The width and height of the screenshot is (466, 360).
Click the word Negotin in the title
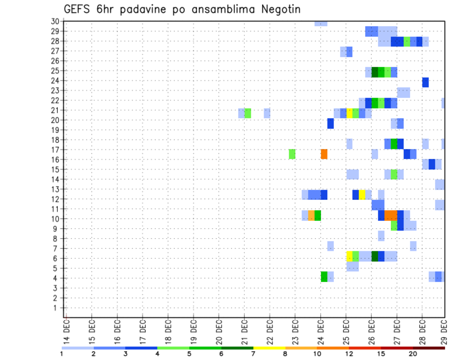[x=280, y=9]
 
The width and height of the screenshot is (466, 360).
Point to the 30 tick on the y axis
[x=55, y=21]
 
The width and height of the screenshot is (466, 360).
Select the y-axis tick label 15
[x=55, y=169]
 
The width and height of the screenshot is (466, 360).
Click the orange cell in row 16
[x=324, y=154]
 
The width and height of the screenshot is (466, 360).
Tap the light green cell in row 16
[x=292, y=154]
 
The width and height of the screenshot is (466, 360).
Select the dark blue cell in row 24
[x=425, y=82]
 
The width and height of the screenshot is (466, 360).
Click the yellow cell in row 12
[x=362, y=195]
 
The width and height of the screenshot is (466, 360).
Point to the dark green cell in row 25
[x=375, y=72]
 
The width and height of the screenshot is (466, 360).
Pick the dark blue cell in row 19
[x=331, y=124]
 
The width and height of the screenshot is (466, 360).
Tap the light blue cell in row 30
[x=320, y=23]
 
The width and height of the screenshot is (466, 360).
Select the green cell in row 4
[x=324, y=277]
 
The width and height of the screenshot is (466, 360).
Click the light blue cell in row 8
[x=381, y=236]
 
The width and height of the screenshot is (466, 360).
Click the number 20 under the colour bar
[x=413, y=354]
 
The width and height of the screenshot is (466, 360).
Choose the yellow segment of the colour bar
[x=269, y=348]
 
